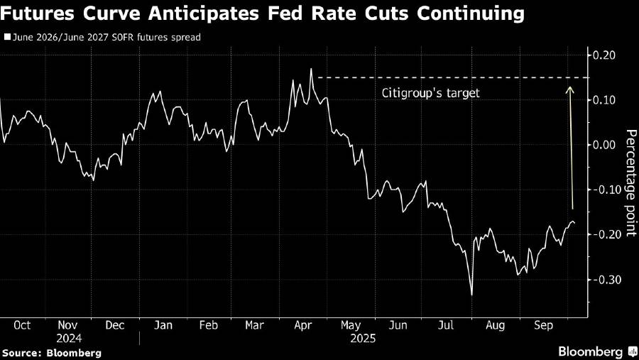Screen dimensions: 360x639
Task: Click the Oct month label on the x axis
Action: click(x=23, y=325)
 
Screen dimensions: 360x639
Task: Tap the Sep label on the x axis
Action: click(x=542, y=325)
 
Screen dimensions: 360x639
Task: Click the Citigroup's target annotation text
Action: click(x=431, y=93)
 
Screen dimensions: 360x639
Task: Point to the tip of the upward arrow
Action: click(x=569, y=86)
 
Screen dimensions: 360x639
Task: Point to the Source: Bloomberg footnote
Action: click(x=52, y=352)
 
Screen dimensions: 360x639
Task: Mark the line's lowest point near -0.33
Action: click(x=471, y=295)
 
